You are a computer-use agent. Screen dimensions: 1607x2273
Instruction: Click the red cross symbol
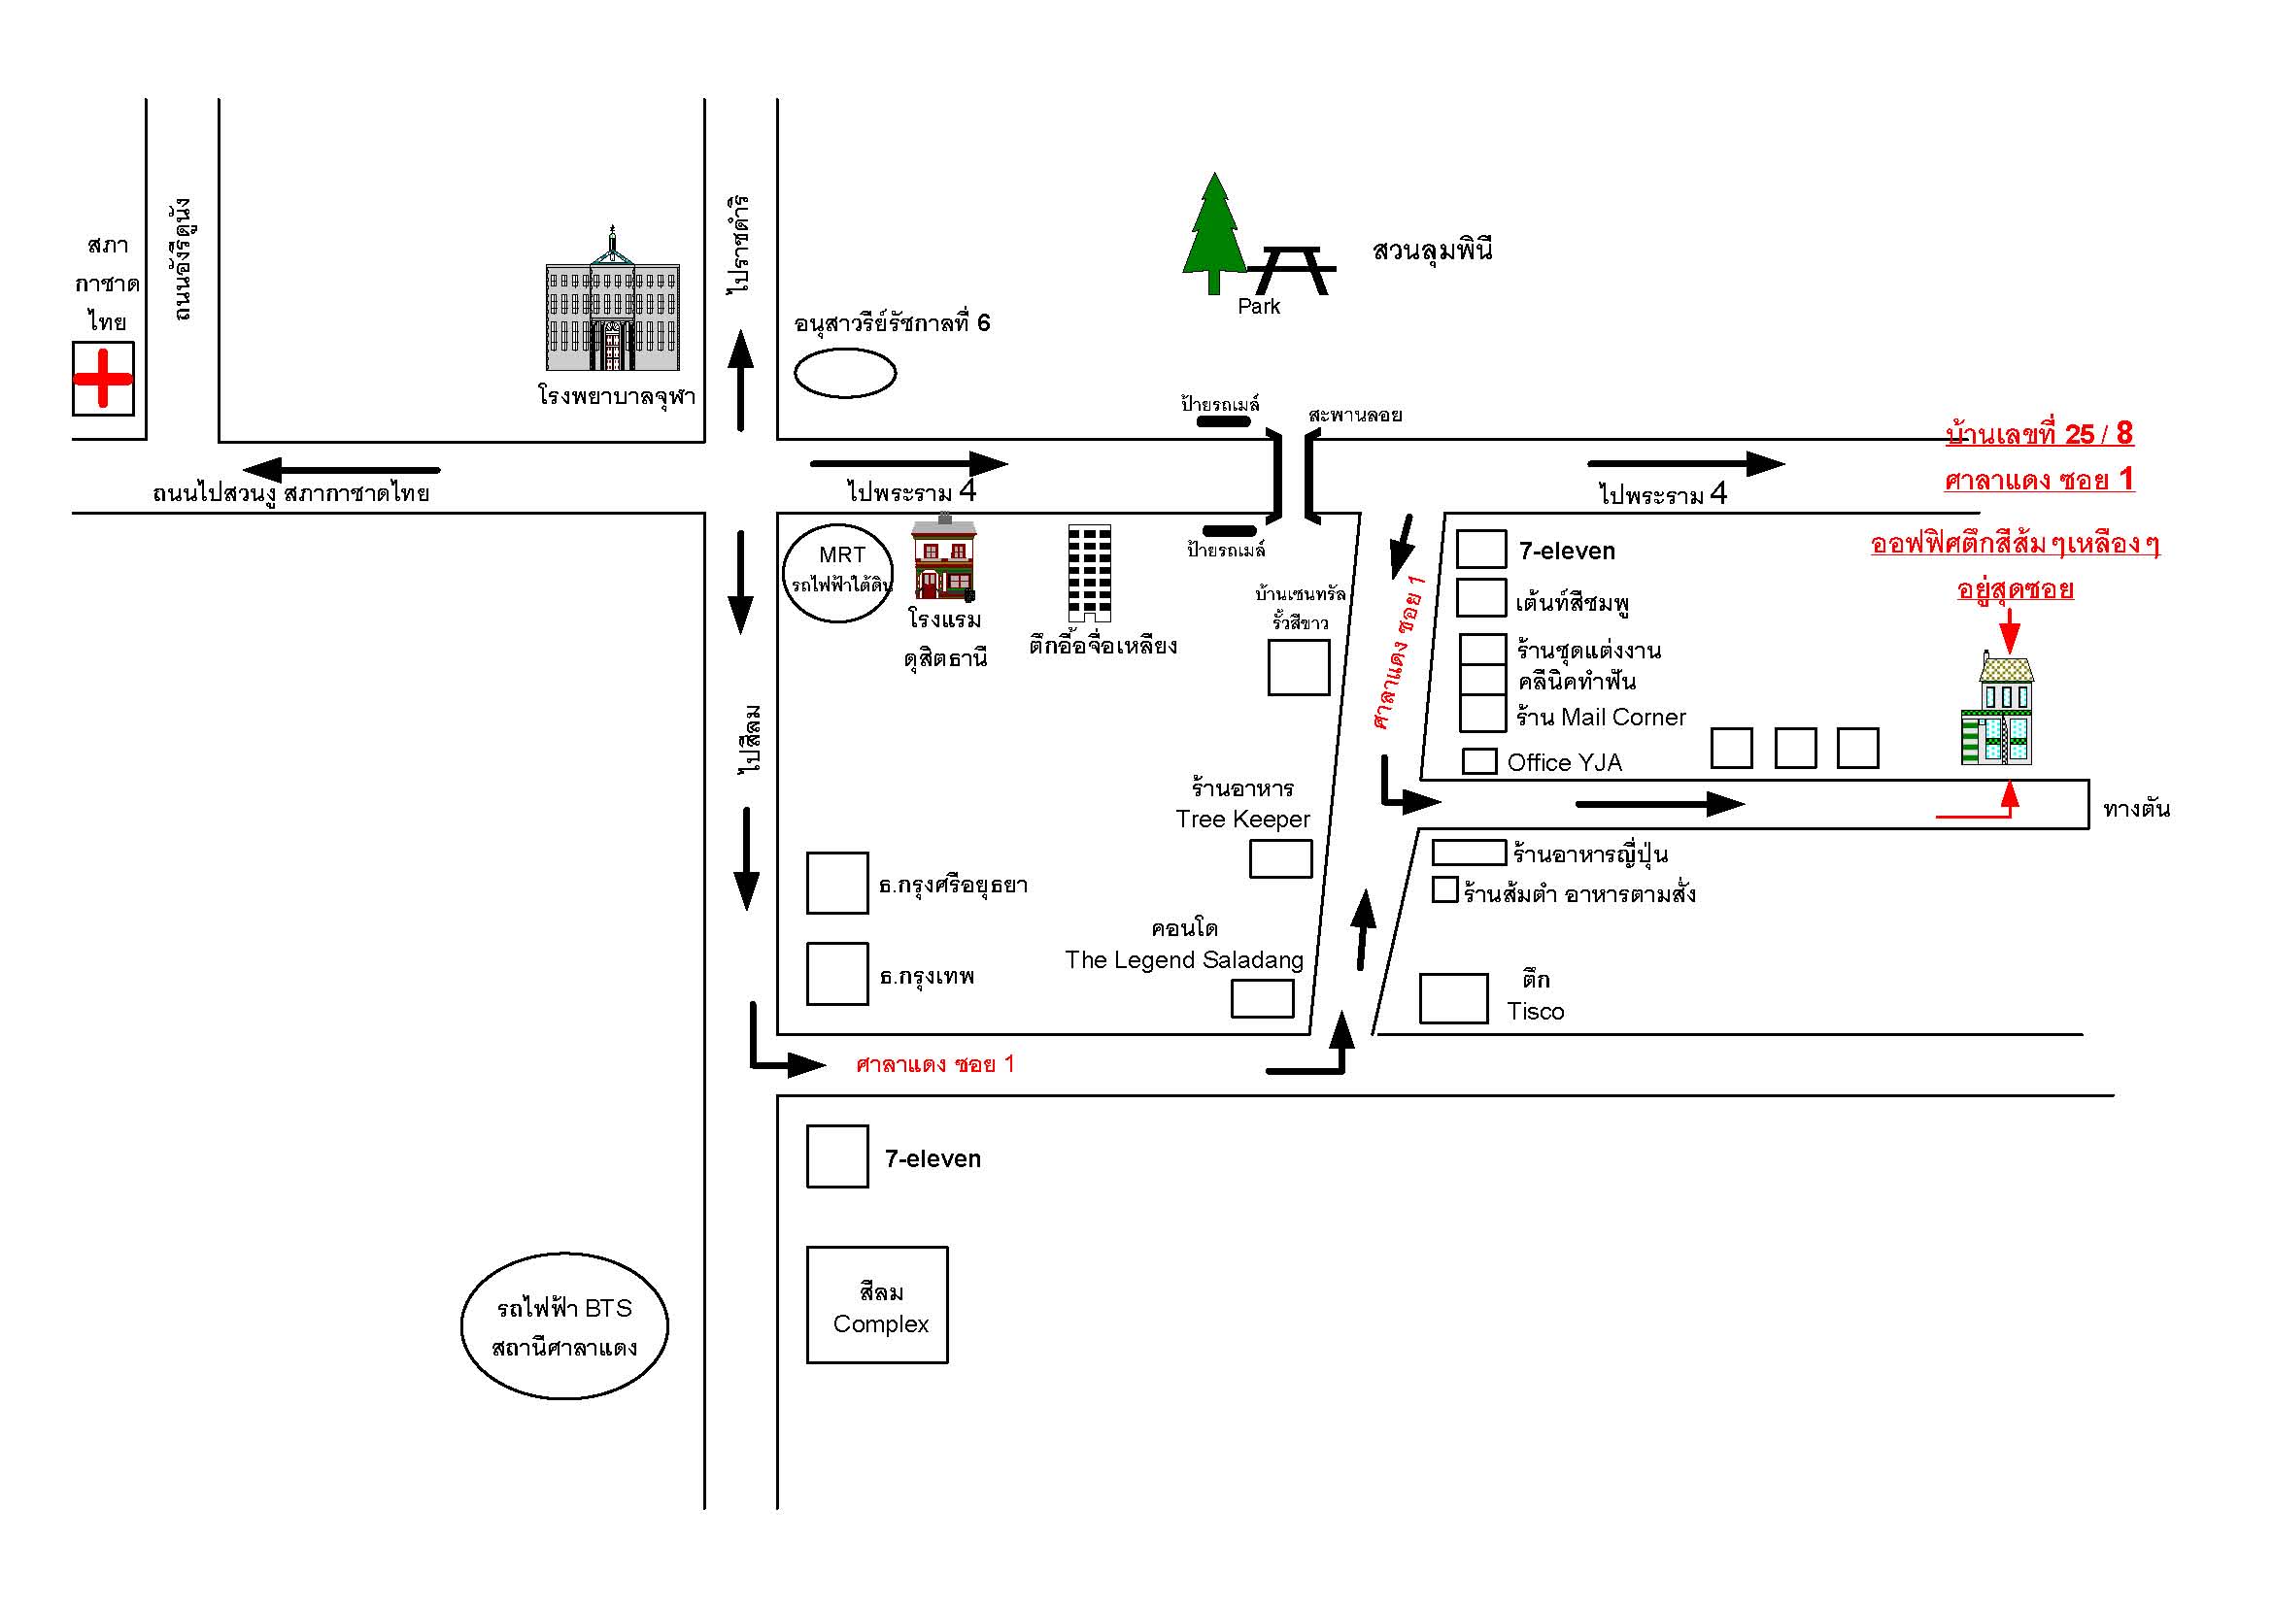pos(103,379)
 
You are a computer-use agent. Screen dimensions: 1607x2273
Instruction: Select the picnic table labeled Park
pos(1289,271)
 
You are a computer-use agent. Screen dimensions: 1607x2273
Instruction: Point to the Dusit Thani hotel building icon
pos(943,558)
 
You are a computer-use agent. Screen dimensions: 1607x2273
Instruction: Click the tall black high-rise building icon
pos(1089,572)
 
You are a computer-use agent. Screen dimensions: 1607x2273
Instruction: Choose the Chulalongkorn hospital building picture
pos(613,303)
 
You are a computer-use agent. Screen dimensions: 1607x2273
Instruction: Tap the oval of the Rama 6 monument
pos(845,373)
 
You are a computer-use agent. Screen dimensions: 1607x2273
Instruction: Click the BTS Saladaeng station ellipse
pos(564,1326)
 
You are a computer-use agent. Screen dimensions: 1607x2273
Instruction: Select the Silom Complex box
pos(877,1304)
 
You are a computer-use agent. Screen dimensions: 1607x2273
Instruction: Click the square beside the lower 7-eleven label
pos(837,1155)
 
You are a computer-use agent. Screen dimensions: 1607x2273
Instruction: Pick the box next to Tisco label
pos(1453,998)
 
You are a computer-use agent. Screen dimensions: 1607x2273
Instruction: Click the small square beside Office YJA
pos(1479,761)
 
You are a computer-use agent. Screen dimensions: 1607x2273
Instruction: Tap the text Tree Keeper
pos(1242,820)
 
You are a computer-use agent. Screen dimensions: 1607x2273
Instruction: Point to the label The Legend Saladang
pos(1184,960)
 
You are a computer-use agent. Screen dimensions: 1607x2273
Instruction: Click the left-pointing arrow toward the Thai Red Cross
pos(342,470)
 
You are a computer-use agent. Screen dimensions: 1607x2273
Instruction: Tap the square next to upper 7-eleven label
pos(1481,550)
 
